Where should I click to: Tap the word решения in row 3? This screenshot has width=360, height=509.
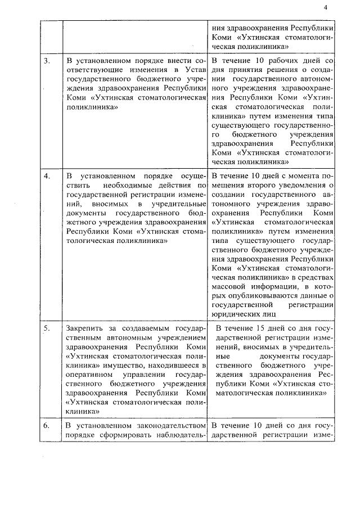point(266,69)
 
